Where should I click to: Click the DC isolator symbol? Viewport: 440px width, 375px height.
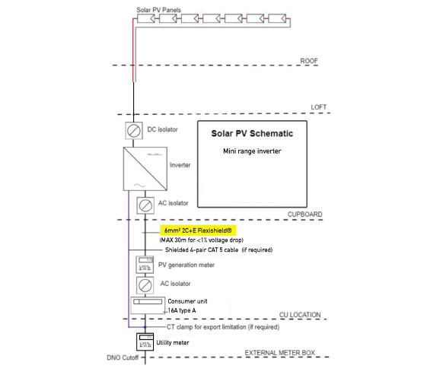click(134, 131)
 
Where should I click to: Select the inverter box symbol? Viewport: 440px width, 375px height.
click(145, 169)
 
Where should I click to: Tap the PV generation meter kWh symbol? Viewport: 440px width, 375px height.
click(145, 264)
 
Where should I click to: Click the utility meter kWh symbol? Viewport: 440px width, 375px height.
click(145, 342)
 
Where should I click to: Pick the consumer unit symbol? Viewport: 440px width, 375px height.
click(148, 305)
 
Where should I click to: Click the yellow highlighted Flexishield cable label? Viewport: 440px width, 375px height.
click(198, 230)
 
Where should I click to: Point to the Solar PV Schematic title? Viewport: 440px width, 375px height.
click(252, 134)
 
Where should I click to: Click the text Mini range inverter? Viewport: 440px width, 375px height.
click(252, 151)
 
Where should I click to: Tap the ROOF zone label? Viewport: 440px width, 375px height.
click(309, 61)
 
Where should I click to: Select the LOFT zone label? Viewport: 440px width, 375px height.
click(318, 107)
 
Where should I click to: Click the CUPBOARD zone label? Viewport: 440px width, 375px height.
click(305, 215)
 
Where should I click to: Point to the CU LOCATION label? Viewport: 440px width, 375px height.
click(300, 315)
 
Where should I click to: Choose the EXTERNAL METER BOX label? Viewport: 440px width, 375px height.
click(280, 353)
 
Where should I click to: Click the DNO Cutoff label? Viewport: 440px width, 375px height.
click(123, 358)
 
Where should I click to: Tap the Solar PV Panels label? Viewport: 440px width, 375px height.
click(159, 10)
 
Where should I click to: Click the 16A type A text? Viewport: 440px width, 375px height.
click(182, 310)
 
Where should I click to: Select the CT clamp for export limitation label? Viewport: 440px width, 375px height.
click(223, 327)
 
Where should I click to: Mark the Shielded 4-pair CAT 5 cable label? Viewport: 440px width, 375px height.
click(219, 249)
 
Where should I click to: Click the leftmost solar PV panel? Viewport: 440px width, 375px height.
click(146, 19)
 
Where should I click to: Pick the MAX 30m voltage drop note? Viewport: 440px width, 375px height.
click(202, 240)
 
